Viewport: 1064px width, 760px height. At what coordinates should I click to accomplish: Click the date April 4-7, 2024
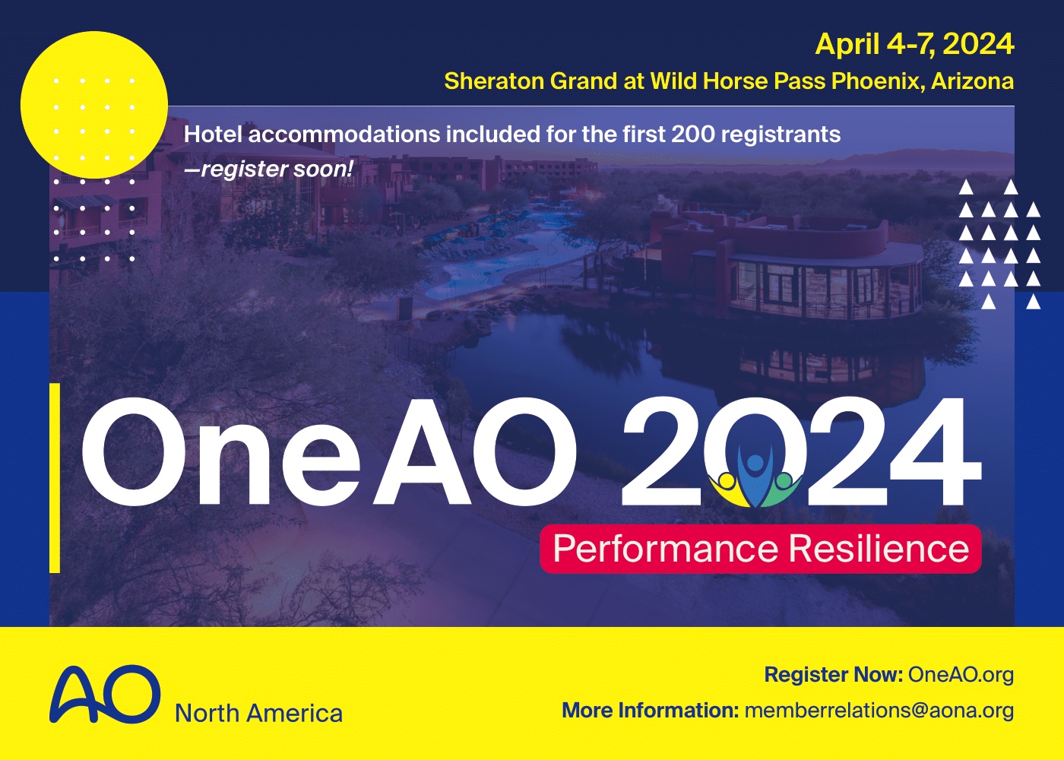914,45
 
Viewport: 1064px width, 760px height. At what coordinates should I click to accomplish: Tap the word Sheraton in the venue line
493,81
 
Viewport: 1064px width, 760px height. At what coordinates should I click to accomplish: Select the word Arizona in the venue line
972,81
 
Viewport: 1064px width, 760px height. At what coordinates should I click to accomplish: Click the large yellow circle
94,105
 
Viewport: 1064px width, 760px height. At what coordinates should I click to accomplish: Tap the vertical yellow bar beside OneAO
55,478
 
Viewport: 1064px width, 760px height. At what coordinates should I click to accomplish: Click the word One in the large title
221,451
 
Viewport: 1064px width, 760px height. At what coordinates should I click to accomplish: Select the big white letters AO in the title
475,451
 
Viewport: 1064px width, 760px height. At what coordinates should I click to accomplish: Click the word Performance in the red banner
666,549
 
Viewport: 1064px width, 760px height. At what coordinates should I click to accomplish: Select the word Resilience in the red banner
879,548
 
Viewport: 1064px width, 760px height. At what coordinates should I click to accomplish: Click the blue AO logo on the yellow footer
105,694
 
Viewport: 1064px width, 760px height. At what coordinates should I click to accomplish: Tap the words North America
259,714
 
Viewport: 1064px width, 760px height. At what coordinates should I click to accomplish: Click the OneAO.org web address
961,675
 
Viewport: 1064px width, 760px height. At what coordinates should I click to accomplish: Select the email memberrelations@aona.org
879,711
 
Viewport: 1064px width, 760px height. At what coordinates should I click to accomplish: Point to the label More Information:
651,711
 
